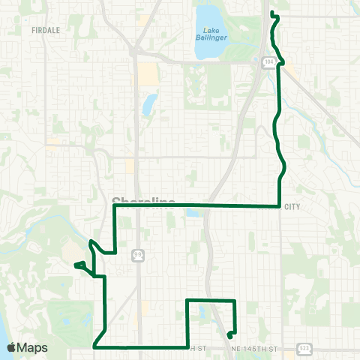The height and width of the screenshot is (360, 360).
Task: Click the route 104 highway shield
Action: (x=269, y=63)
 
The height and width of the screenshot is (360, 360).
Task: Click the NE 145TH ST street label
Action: (x=259, y=349)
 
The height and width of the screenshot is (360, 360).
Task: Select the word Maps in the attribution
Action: (x=33, y=347)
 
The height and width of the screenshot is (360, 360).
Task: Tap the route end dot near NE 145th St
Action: (x=229, y=335)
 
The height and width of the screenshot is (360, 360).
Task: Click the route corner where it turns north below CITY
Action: (x=280, y=205)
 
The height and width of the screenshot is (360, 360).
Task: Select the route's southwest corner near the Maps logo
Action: (x=94, y=346)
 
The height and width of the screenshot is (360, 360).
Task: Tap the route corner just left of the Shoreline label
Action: (x=114, y=205)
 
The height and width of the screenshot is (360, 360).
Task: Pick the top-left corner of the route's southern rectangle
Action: (x=187, y=301)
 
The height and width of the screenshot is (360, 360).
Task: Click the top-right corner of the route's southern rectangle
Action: (x=235, y=301)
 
